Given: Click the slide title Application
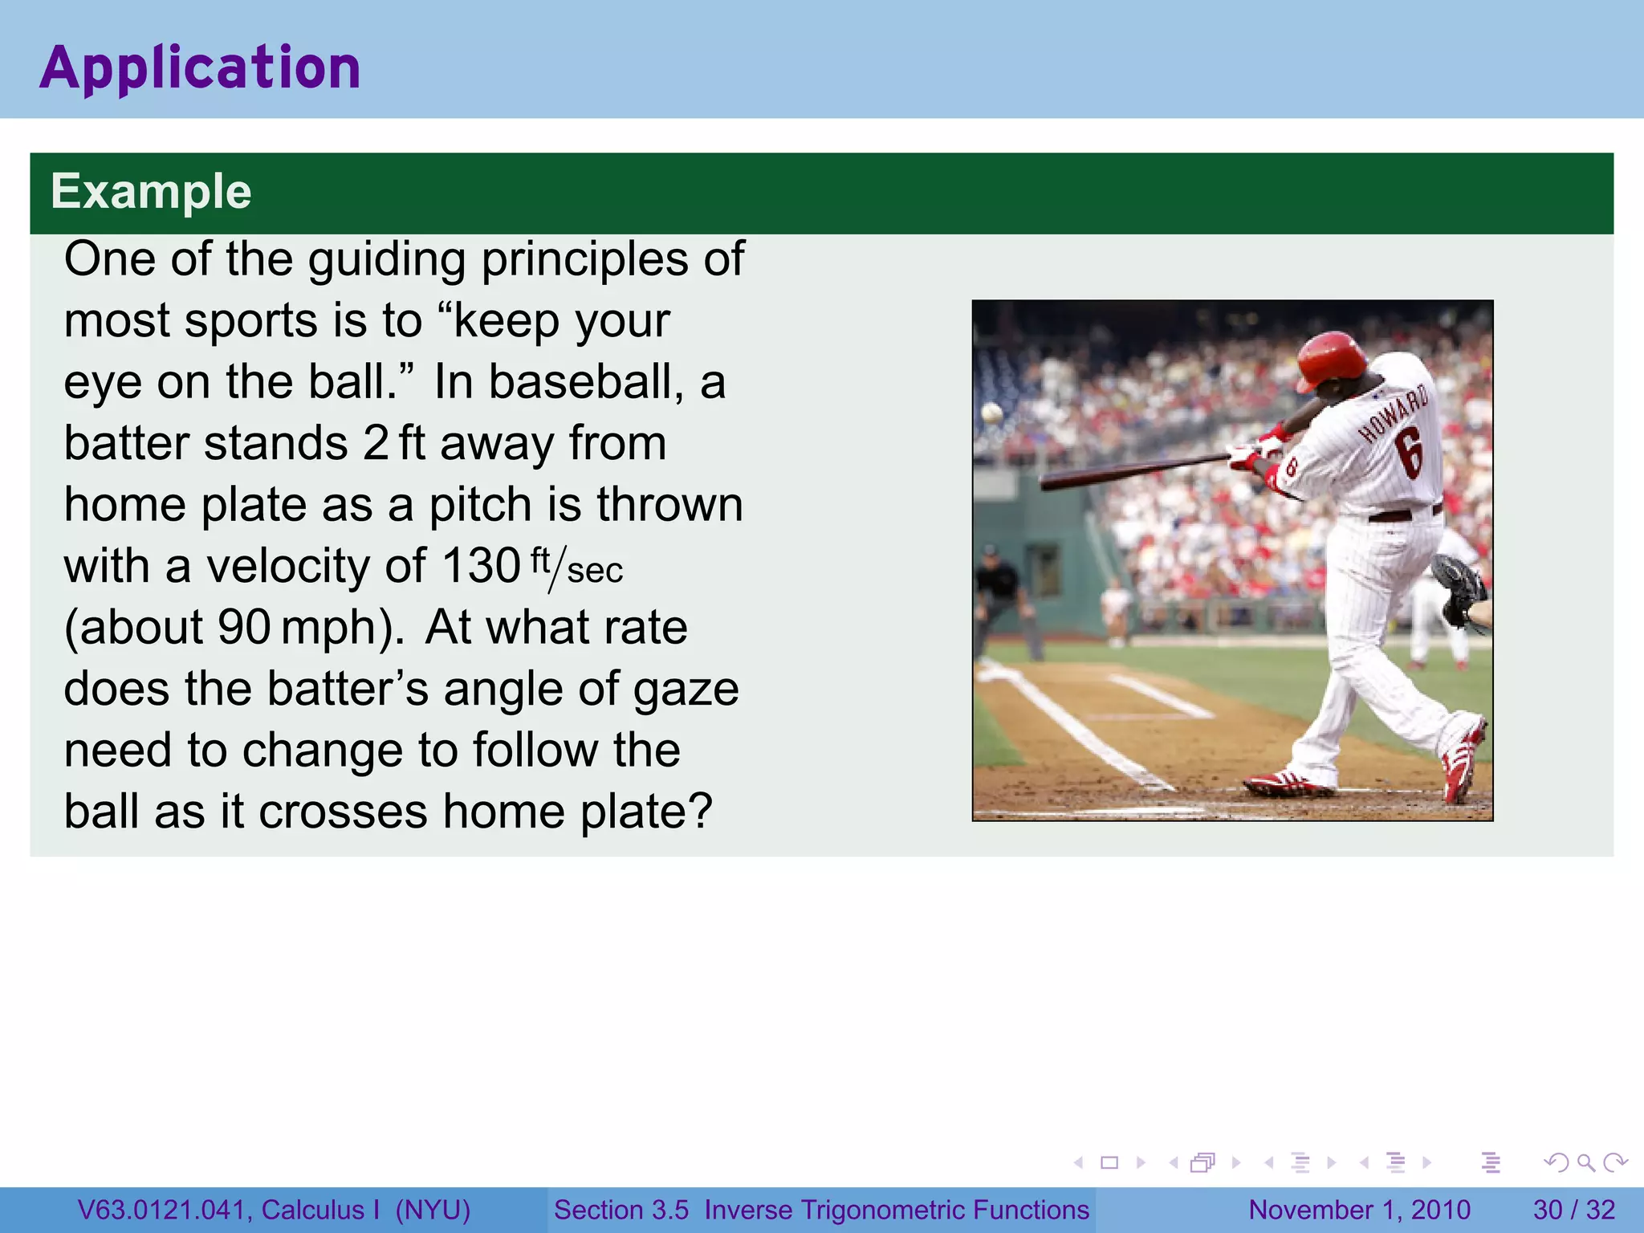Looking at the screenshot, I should tap(200, 67).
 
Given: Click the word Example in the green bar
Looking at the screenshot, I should tap(151, 192).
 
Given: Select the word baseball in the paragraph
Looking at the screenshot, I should tap(580, 382).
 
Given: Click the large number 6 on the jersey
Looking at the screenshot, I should tap(1410, 453).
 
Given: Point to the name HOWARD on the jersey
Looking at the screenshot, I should tap(1394, 413).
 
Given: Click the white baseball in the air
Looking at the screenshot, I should tap(992, 413).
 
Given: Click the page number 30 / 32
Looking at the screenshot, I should tap(1573, 1210).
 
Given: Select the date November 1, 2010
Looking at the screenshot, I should tap(1359, 1210).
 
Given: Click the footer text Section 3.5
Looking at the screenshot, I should tap(621, 1210).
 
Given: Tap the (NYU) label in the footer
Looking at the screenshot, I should tap(433, 1210).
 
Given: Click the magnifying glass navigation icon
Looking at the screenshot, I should tap(1585, 1162).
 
